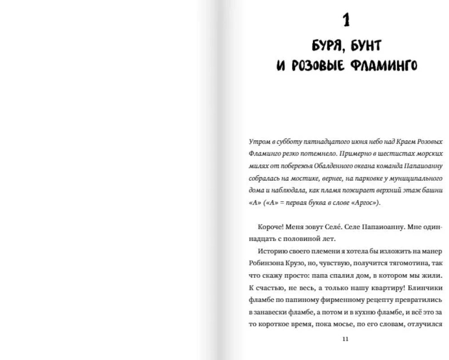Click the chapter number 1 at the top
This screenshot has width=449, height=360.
point(346,20)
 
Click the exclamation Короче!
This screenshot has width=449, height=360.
point(271,227)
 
